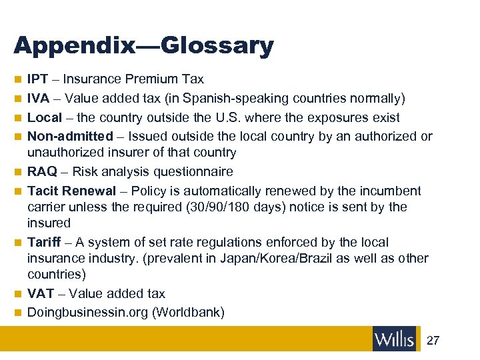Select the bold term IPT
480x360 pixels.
(38, 79)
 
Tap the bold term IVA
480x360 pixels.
(38, 99)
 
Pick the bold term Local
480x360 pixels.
(45, 118)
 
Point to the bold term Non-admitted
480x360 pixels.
(70, 137)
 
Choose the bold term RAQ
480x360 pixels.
(42, 172)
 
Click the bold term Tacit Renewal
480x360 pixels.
(71, 191)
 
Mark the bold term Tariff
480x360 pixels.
(45, 242)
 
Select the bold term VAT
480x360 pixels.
(40, 293)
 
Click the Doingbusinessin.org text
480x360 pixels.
(88, 313)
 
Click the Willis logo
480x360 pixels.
(395, 339)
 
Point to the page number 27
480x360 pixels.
(433, 341)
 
